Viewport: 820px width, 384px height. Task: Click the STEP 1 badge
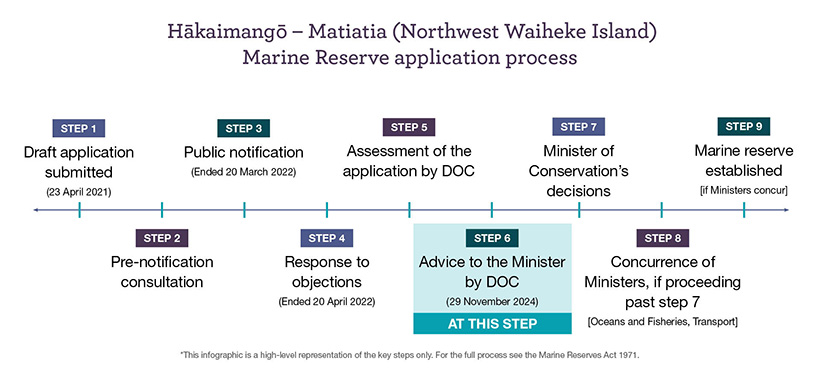tap(78, 128)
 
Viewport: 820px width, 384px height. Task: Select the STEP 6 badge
tap(492, 238)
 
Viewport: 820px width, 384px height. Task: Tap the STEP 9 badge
tap(744, 127)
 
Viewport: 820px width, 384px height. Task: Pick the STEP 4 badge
tap(326, 238)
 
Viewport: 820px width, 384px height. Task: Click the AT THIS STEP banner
tap(492, 323)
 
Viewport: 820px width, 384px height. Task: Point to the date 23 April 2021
tap(78, 192)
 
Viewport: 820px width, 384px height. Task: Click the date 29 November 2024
tap(492, 302)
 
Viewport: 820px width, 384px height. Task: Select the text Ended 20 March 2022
tap(244, 172)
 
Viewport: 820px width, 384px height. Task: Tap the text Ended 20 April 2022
tap(327, 302)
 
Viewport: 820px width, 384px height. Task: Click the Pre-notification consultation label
tap(162, 272)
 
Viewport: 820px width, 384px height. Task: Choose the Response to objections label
tap(327, 272)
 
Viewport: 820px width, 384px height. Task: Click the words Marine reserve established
tap(744, 161)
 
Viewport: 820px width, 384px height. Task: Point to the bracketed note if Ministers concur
tap(744, 190)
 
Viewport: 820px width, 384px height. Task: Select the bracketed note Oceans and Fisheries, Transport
tap(663, 322)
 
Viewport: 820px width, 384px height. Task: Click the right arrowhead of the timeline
tap(785, 210)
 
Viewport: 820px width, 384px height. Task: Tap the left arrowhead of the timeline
tap(36, 210)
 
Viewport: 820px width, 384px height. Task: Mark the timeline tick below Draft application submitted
tap(79, 210)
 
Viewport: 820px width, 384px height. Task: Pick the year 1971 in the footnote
tap(631, 355)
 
